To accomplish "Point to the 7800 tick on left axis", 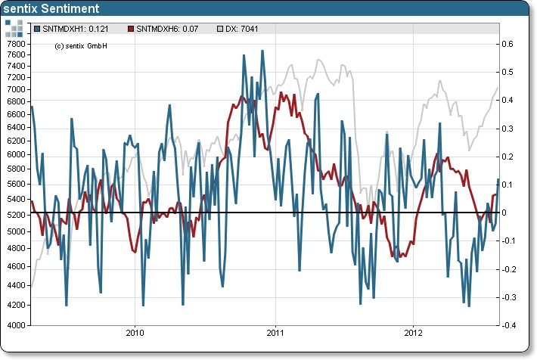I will tap(15, 43).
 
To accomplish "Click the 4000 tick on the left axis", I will tap(15, 325).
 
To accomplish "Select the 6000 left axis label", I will tap(15, 154).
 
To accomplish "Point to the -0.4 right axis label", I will tap(511, 325).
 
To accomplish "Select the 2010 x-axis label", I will tap(135, 334).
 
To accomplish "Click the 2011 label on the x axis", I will tap(275, 334).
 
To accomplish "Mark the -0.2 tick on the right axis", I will tap(511, 268).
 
